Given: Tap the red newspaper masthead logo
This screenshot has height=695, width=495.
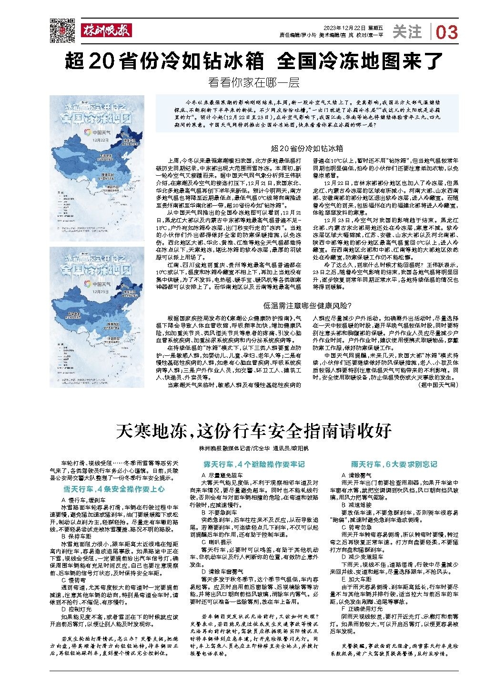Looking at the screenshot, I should pyautogui.click(x=106, y=30).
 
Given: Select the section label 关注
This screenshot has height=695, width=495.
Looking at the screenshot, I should pyautogui.click(x=407, y=32).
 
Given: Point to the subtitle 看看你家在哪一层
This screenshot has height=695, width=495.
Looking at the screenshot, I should pyautogui.click(x=253, y=82).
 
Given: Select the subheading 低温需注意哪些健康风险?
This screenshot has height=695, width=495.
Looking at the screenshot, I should pyautogui.click(x=307, y=305).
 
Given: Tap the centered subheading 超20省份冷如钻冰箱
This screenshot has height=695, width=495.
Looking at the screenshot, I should pyautogui.click(x=307, y=149).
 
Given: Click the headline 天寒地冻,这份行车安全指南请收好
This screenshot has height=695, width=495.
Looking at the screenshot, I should pyautogui.click(x=253, y=431).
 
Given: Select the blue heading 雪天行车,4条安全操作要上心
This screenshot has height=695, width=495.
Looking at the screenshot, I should pyautogui.click(x=114, y=489).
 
